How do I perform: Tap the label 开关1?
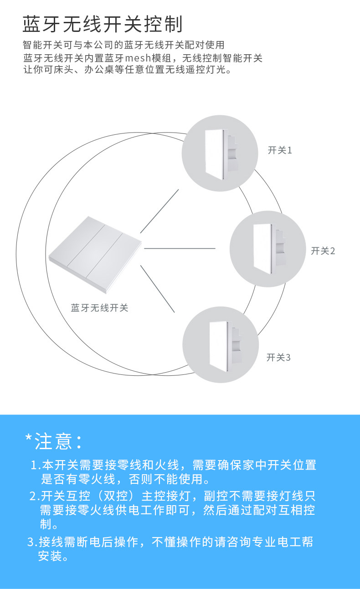click(x=279, y=150)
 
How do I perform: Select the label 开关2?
click(x=323, y=251)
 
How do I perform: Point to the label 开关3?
click(x=278, y=357)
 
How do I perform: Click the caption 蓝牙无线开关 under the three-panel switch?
click(x=99, y=308)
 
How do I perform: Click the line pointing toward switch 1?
click(x=159, y=211)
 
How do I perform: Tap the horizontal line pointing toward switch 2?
click(x=180, y=249)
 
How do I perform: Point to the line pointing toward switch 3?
click(x=158, y=289)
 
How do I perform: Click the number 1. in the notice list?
click(x=36, y=466)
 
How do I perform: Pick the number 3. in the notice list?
click(x=32, y=542)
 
